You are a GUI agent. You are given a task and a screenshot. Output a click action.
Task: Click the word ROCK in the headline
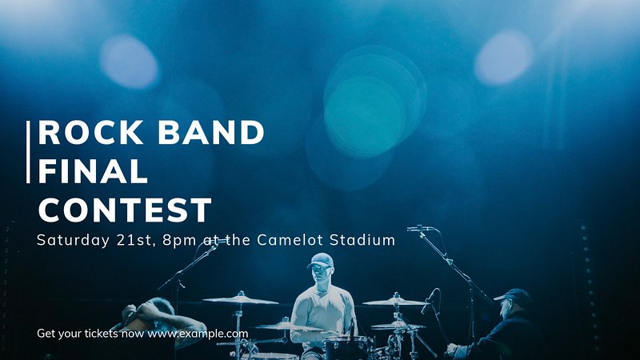coord(90,132)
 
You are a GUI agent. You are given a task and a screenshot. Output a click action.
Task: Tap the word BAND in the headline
coord(211,132)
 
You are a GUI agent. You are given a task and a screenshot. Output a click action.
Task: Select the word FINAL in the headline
coord(93,171)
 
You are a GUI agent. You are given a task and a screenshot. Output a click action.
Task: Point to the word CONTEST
coord(125,210)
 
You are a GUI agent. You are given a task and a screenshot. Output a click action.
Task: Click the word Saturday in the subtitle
coord(73,240)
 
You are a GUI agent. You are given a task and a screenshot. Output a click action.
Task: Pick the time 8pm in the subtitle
coord(179,241)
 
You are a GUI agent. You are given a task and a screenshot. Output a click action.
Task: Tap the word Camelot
coord(290,239)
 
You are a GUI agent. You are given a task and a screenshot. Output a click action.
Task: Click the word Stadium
coord(362,239)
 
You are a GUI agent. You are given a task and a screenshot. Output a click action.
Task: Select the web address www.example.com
coord(198,334)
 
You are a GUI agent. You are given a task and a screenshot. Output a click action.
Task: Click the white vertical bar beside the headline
coord(28,152)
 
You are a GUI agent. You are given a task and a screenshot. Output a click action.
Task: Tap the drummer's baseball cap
coord(321,260)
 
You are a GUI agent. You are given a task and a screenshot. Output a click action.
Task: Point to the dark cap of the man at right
coord(513,294)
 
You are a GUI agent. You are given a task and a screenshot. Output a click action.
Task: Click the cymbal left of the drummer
coord(241,301)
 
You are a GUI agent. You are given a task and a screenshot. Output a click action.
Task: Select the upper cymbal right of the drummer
coord(395,302)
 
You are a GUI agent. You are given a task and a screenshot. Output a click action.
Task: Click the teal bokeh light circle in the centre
coord(365,117)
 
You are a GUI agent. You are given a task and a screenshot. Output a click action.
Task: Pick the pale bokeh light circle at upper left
coord(129,62)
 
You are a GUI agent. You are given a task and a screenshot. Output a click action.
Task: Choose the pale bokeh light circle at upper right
coord(504,57)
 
